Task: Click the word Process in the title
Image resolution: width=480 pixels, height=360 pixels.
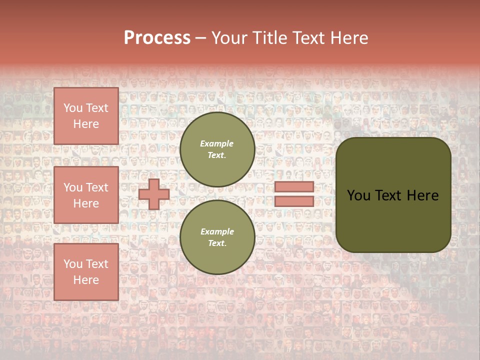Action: pyautogui.click(x=157, y=38)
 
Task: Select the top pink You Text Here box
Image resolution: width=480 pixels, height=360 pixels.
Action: pyautogui.click(x=86, y=116)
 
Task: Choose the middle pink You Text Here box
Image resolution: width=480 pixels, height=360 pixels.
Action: pyautogui.click(x=86, y=195)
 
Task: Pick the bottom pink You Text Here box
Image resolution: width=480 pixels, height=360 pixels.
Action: pyautogui.click(x=86, y=271)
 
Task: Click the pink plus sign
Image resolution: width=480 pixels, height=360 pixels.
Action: pyautogui.click(x=154, y=194)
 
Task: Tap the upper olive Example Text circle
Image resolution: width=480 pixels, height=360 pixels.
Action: pyautogui.click(x=217, y=149)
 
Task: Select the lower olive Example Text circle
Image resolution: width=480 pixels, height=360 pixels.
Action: pyautogui.click(x=217, y=237)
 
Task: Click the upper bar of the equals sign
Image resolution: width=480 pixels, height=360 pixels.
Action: pyautogui.click(x=294, y=186)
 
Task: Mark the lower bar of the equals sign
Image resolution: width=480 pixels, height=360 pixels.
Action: pyautogui.click(x=294, y=201)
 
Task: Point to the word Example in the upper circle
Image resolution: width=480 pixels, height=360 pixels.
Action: pyautogui.click(x=217, y=144)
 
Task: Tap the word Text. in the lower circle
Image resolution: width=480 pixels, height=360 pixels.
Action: pyautogui.click(x=217, y=243)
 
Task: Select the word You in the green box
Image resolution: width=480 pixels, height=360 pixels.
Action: pyautogui.click(x=358, y=195)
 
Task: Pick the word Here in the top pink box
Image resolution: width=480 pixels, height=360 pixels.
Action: pyautogui.click(x=86, y=124)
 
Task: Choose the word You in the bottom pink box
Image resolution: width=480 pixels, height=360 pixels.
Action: pyautogui.click(x=73, y=264)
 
